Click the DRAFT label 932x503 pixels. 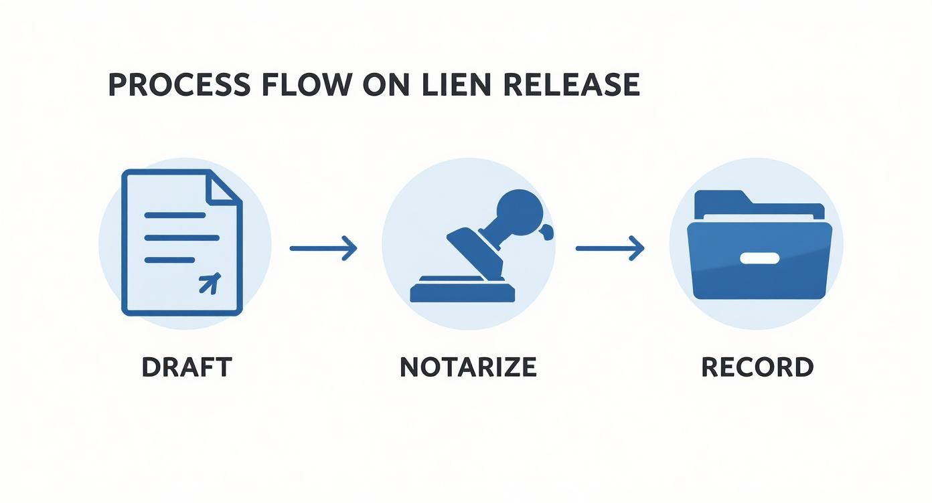(x=186, y=367)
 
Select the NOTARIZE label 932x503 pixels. (x=468, y=367)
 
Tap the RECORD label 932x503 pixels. (x=757, y=367)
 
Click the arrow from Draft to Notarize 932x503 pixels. (x=323, y=248)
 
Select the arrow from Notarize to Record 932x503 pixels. (x=609, y=248)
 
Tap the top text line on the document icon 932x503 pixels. (x=175, y=215)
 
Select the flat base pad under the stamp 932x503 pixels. (x=463, y=293)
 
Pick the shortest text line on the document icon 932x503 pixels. (x=169, y=260)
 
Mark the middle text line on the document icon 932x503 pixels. (x=181, y=237)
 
